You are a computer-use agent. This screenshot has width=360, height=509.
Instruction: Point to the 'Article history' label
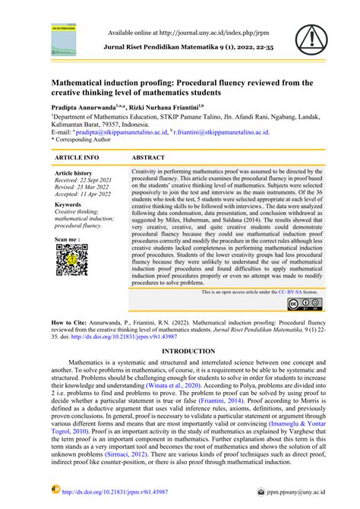(x=74, y=173)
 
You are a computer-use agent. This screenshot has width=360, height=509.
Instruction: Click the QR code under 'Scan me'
(x=70, y=261)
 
